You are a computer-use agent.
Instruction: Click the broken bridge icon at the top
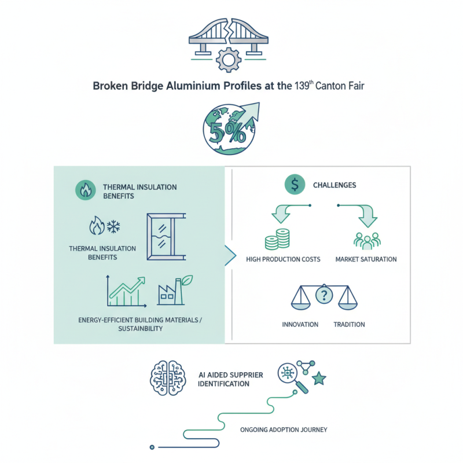click(x=231, y=36)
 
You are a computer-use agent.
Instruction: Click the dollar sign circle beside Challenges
click(x=295, y=185)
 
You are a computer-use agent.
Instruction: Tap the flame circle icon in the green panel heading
click(x=86, y=190)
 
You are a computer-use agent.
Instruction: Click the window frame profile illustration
click(x=164, y=237)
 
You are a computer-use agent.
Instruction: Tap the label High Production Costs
click(x=283, y=259)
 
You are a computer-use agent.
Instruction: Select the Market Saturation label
click(x=366, y=259)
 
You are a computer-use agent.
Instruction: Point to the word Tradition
click(x=349, y=325)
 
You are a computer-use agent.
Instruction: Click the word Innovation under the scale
click(x=300, y=325)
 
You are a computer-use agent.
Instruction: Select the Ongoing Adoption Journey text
click(x=284, y=430)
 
